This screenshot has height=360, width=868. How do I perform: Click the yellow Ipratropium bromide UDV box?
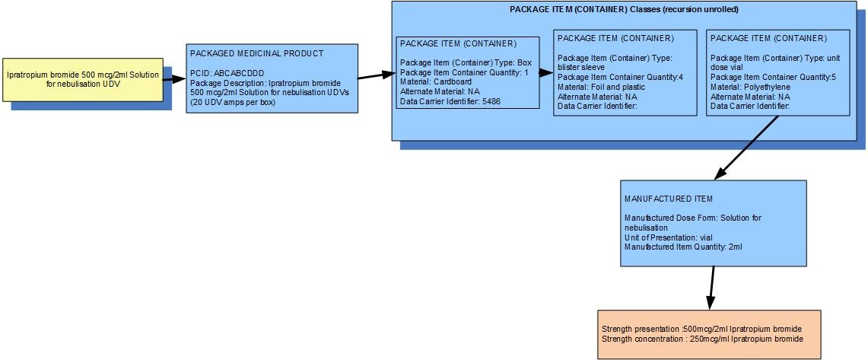83,80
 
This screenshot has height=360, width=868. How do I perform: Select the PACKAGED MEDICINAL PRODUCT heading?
257,53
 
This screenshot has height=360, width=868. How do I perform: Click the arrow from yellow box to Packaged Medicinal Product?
174,80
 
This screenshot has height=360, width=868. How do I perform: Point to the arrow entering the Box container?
377,75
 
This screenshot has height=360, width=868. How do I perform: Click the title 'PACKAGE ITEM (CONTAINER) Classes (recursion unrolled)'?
624,10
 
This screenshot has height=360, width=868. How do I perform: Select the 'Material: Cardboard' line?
436,81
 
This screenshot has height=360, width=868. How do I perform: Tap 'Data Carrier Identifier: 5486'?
450,101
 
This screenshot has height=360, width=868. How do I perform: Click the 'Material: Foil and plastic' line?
601,87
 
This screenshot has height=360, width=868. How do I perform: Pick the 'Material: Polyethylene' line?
749,87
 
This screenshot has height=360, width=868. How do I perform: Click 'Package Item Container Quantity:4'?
620,77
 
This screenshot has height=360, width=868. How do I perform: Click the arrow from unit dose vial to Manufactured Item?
747,148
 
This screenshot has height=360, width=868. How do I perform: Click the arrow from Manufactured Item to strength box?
711,288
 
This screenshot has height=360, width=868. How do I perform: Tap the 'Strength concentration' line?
702,339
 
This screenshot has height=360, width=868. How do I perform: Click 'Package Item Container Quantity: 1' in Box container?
465,72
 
